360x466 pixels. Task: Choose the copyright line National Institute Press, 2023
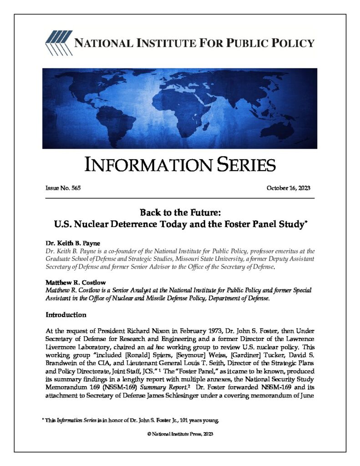pyautogui.click(x=180, y=434)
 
